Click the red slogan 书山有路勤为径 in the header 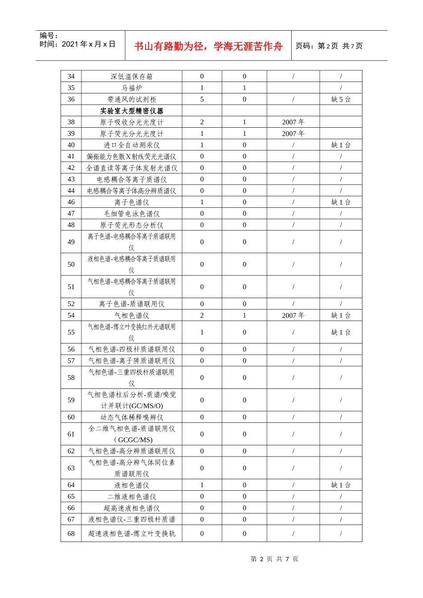click(208, 46)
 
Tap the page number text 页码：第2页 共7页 click(329, 46)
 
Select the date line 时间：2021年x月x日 click(77, 44)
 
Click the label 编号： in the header click(49, 36)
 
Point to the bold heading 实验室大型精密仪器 click(131, 111)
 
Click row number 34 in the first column click(71, 77)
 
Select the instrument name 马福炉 click(131, 88)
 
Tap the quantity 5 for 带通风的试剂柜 click(202, 99)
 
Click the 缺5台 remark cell click(341, 99)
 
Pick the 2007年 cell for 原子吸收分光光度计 click(293, 122)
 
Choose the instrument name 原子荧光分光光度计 click(131, 133)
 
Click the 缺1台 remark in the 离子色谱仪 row click(341, 202)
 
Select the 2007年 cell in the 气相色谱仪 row click(293, 315)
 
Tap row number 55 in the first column click(71, 332)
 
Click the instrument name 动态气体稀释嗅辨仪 click(131, 417)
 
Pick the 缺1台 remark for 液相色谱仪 click(341, 485)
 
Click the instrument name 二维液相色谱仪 click(131, 497)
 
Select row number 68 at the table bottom click(71, 533)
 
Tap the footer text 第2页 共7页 click(274, 559)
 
